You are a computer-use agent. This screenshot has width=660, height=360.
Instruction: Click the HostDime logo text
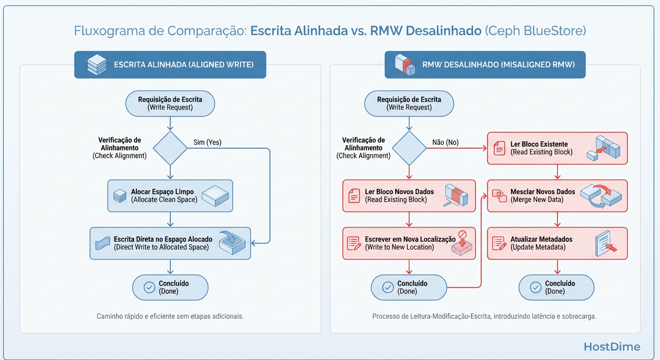coord(612,347)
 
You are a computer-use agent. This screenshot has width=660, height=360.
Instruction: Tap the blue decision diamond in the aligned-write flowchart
coord(170,148)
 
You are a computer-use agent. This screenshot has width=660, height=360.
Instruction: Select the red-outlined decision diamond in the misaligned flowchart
coord(409,148)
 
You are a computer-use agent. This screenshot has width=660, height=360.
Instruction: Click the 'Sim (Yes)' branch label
coord(208,142)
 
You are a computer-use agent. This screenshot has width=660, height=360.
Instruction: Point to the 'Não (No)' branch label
coord(445,142)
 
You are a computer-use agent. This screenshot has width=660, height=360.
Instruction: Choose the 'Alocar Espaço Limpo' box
coord(170,195)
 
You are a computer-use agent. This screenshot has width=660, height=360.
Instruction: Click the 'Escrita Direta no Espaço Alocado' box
coord(170,243)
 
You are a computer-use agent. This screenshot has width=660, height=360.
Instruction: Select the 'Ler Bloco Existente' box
coord(557,148)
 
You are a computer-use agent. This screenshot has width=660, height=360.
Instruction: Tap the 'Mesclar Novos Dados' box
coord(557,195)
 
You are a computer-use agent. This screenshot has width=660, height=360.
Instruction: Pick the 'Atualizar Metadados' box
coord(557,243)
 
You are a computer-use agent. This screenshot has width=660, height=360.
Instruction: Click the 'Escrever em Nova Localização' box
coord(409,243)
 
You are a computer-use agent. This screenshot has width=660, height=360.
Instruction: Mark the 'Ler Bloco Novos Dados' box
coord(409,195)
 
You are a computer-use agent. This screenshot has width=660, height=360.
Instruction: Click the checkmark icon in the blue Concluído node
coord(150,287)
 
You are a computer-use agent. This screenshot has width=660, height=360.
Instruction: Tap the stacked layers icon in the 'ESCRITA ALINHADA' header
coord(97,65)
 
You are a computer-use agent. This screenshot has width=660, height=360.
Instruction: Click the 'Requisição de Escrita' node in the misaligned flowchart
coord(409,103)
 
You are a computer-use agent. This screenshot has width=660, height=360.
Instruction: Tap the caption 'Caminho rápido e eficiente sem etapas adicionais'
coord(170,316)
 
